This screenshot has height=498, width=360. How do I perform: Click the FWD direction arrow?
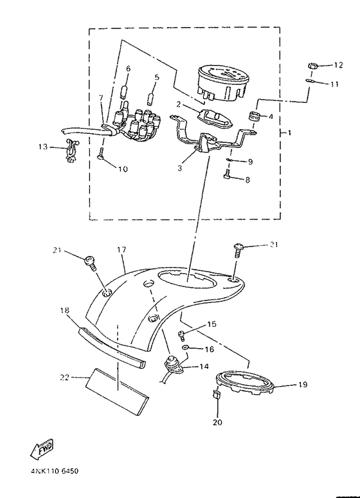tap(42, 449)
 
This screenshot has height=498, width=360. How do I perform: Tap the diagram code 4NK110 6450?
tap(54, 470)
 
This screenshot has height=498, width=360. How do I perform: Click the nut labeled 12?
tap(313, 67)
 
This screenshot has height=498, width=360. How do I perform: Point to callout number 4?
tap(271, 116)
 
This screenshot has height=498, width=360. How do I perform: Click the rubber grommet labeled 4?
tap(255, 116)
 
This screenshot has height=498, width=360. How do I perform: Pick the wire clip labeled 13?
tap(71, 151)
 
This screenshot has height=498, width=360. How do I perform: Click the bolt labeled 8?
tap(226, 174)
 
